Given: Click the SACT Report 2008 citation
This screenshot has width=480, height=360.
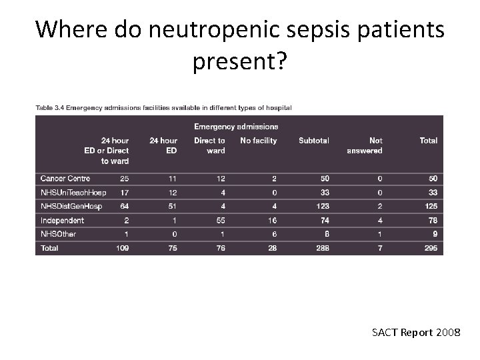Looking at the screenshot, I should pos(411,332).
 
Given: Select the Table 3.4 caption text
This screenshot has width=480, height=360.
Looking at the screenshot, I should pos(163,107).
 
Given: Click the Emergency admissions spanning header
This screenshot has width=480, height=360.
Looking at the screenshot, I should pos(236,126).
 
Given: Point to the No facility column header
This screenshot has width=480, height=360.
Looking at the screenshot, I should pos(258,141).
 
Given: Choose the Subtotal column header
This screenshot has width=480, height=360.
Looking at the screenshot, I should pos(314,141).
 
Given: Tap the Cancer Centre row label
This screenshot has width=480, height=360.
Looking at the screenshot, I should pos(65,179).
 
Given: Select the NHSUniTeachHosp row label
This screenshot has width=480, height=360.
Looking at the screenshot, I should pos(73,193).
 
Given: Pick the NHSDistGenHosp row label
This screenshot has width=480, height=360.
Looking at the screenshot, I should pos(71,206).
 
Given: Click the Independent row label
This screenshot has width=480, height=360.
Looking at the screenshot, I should pos(62,220).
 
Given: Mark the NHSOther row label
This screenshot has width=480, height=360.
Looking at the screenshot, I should pos(58,234).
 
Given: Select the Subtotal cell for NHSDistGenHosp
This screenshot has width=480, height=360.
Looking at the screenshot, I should pos(323,206).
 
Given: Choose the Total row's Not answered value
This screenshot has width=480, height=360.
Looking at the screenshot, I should pos(379,248).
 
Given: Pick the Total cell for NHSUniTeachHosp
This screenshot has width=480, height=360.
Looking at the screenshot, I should pos(432,193).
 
